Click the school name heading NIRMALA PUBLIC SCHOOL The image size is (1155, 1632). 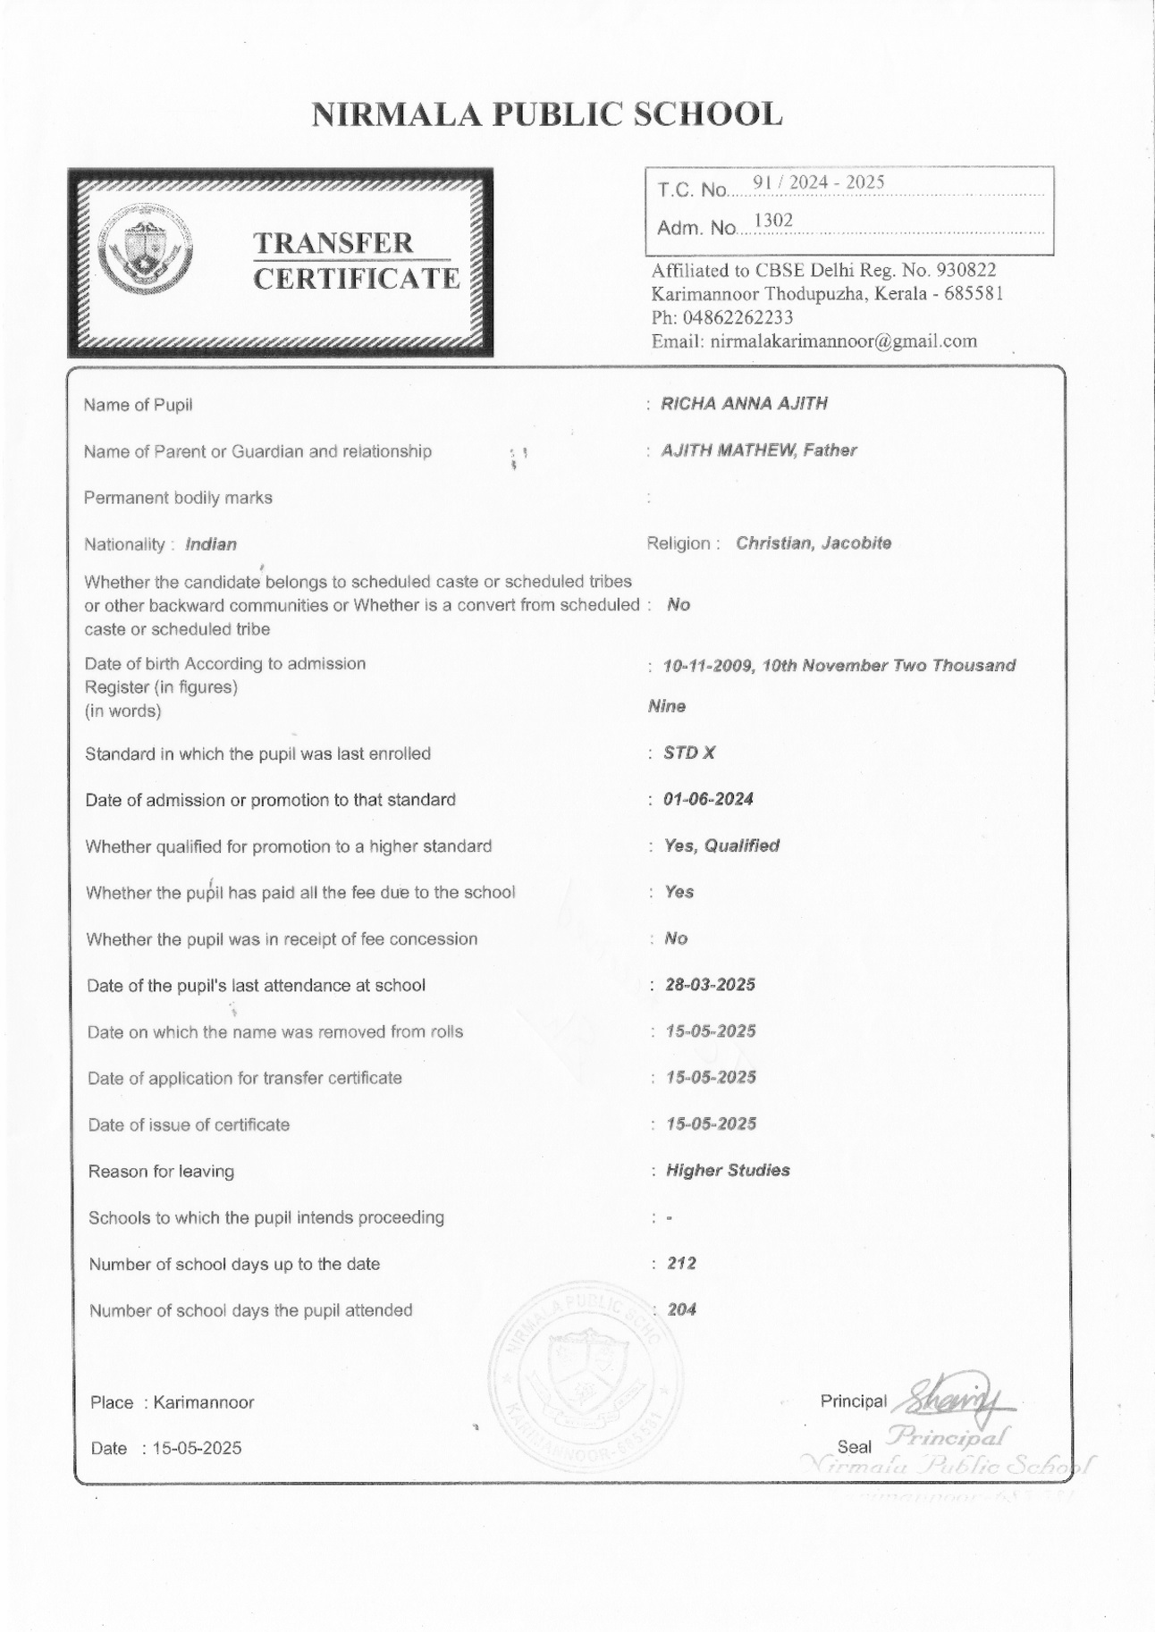546,114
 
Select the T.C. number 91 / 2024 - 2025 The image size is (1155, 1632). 818,182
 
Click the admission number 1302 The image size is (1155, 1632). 773,220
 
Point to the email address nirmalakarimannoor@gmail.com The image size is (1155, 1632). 843,341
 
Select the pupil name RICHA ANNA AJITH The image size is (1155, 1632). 744,403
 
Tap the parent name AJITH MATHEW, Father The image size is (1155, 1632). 758,450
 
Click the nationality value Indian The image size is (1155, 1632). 211,544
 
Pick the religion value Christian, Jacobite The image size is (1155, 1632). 813,543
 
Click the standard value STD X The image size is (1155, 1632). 689,753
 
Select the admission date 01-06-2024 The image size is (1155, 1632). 708,799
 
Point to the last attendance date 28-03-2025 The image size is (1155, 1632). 710,984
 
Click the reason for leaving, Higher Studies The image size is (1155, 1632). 727,1170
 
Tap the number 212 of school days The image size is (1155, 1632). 681,1263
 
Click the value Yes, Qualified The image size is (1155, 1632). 721,845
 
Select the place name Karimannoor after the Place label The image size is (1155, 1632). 204,1402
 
